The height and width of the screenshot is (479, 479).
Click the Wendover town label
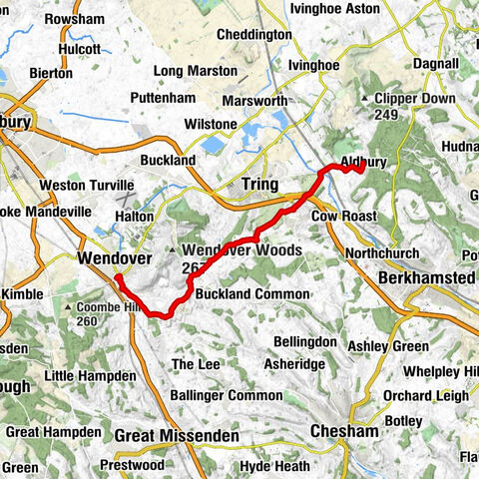pyautogui.click(x=106, y=258)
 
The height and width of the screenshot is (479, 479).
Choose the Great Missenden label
pyautogui.click(x=177, y=436)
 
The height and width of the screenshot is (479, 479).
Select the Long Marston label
pyautogui.click(x=196, y=71)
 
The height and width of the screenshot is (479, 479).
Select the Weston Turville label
pyautogui.click(x=86, y=186)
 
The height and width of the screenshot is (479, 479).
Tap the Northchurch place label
pyautogui.click(x=383, y=253)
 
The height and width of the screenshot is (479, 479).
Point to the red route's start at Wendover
pyautogui.click(x=117, y=276)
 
